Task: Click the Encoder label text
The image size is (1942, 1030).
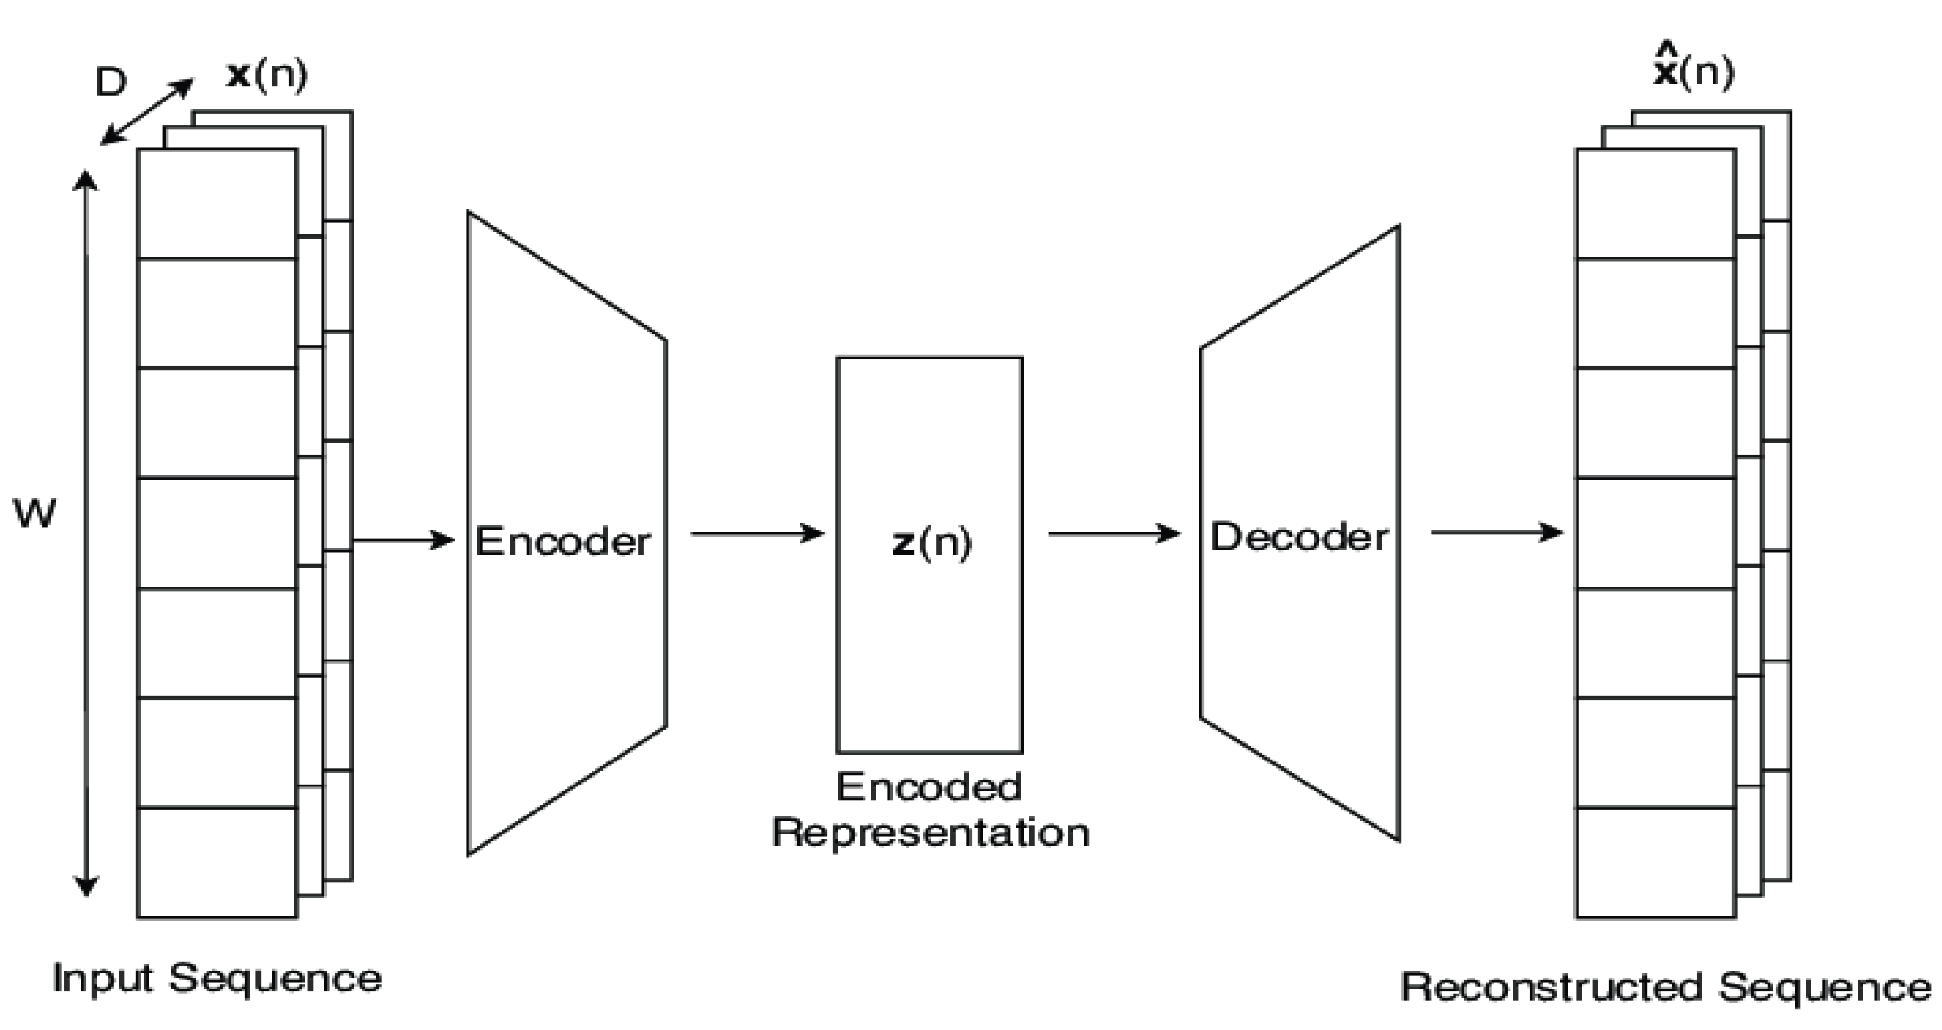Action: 562,542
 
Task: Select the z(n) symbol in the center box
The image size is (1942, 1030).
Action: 932,542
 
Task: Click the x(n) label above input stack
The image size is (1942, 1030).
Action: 267,75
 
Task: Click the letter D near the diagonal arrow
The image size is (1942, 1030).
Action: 111,81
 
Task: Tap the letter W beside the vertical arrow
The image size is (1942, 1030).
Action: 35,514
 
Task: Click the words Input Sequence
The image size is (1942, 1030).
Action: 217,979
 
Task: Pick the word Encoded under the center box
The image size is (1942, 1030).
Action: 929,787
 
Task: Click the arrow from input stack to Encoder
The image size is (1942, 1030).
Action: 404,540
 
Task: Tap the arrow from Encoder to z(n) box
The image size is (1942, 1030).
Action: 756,534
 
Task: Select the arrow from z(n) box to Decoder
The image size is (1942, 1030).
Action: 1114,534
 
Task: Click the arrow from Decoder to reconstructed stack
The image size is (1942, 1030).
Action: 1497,532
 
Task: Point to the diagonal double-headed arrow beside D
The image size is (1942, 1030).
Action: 147,112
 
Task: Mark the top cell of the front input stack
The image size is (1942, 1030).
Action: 217,204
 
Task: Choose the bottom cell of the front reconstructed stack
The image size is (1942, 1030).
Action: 1655,862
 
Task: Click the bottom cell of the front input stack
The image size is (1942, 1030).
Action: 217,862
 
